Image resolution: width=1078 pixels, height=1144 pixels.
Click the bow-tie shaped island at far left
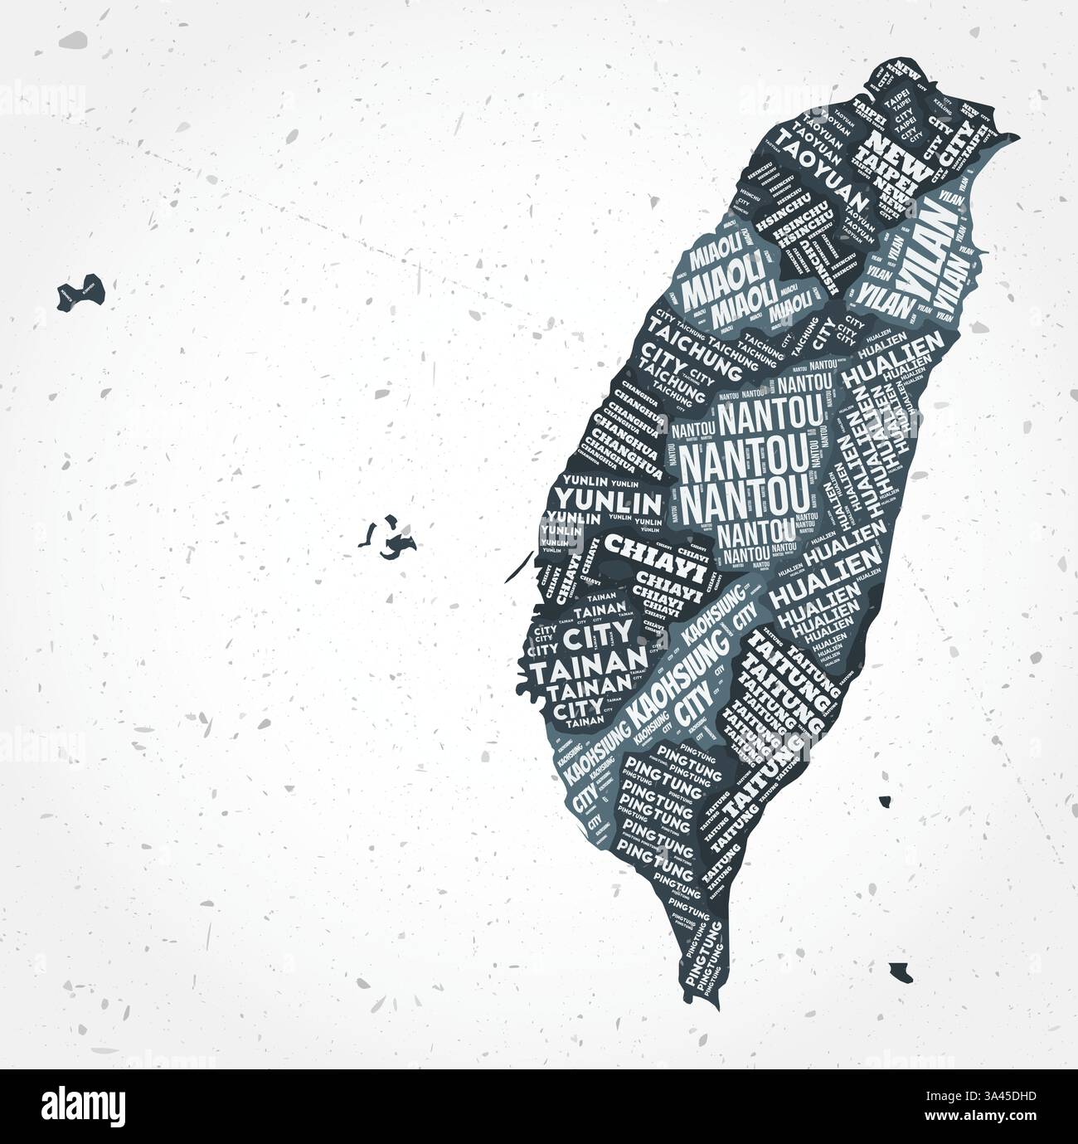pyautogui.click(x=80, y=291)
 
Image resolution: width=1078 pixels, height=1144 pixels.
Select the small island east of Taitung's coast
pyautogui.click(x=886, y=802)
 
